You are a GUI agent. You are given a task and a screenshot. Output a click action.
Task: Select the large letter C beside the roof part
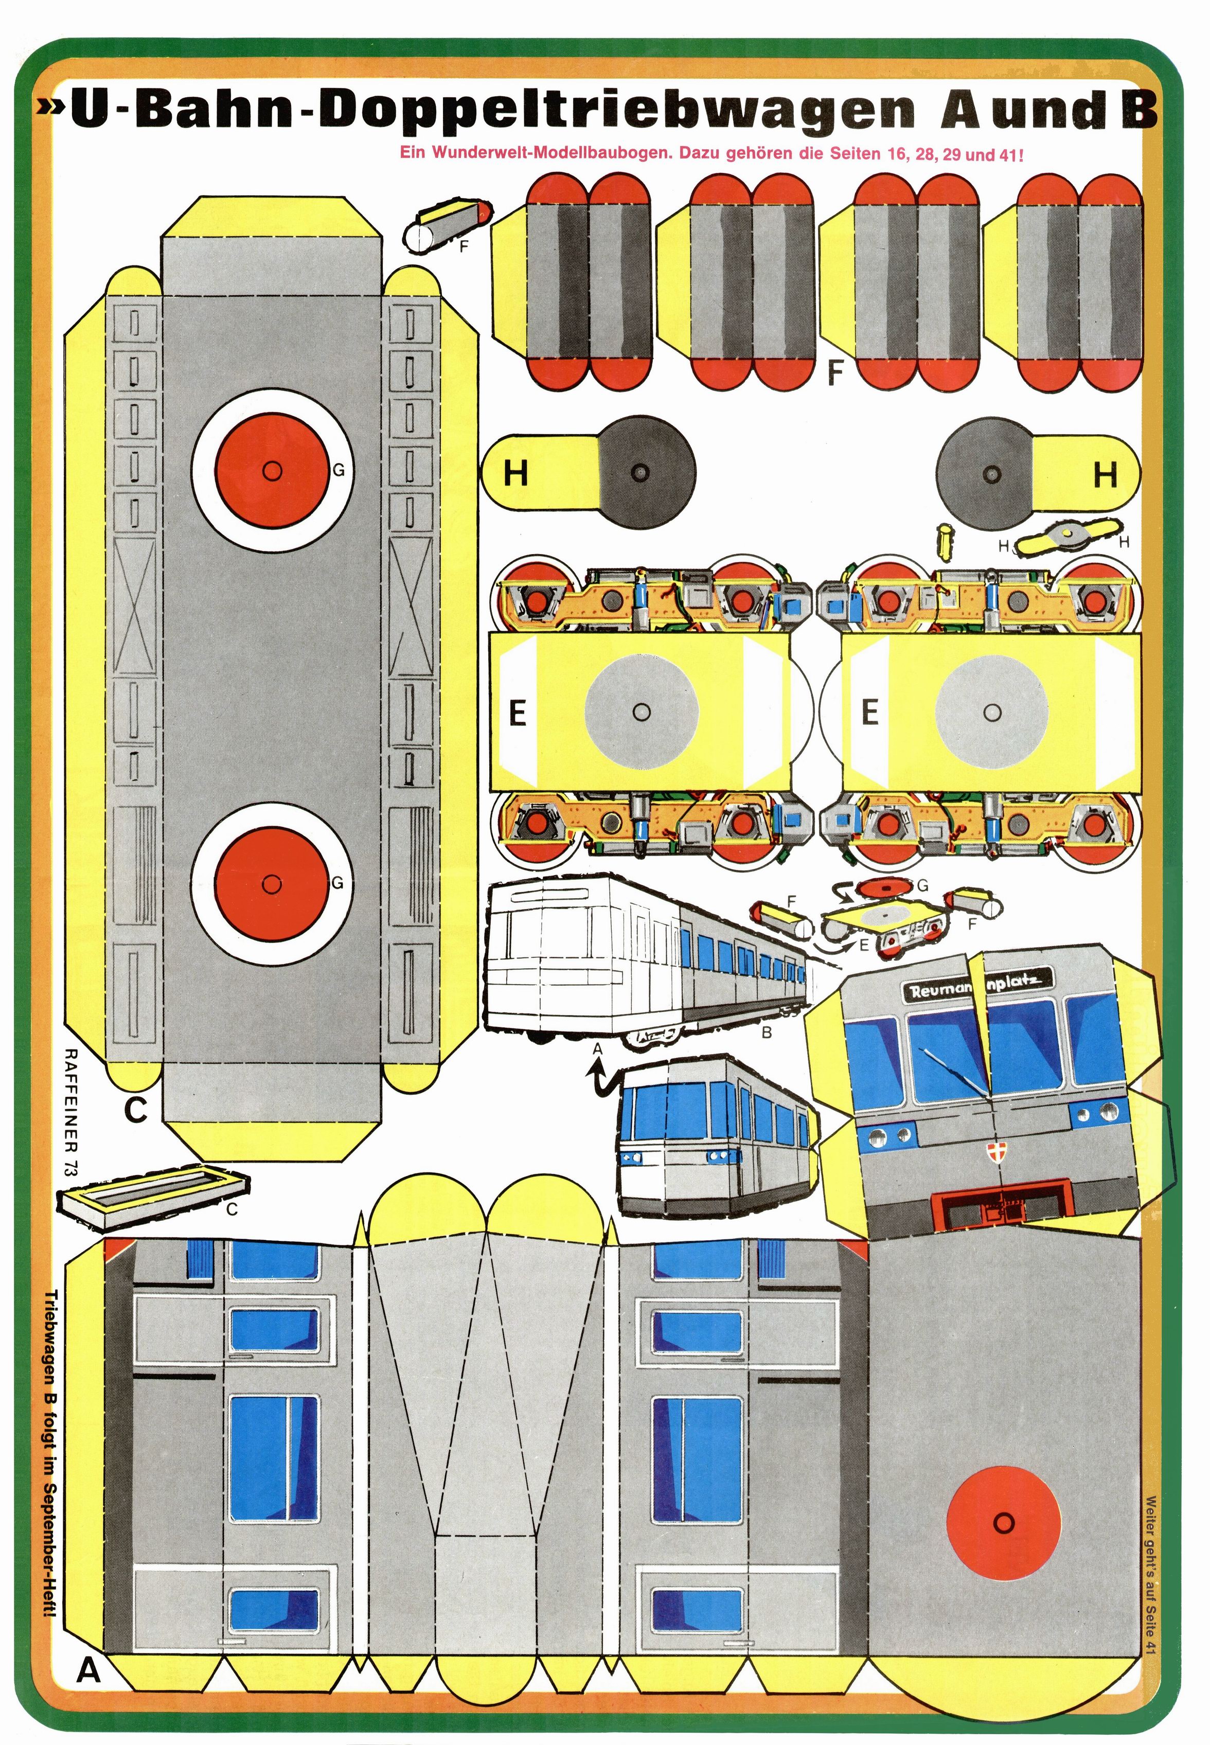(x=135, y=1110)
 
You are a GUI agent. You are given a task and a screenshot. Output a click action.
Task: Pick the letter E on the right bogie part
(x=869, y=712)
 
